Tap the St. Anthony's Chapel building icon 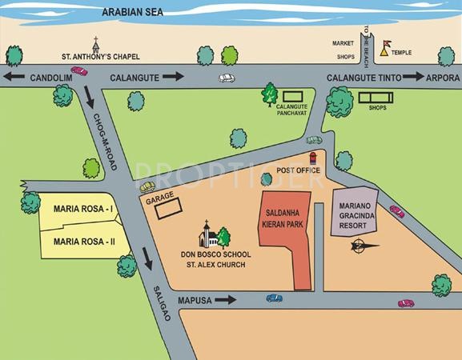[x=96, y=44]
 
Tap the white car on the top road [x=227, y=78]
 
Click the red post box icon [x=313, y=160]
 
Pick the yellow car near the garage [x=147, y=186]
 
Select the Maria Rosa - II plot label [x=84, y=240]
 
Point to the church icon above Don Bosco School [x=207, y=234]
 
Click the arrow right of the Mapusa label [x=226, y=300]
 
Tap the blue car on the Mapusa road [x=274, y=298]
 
